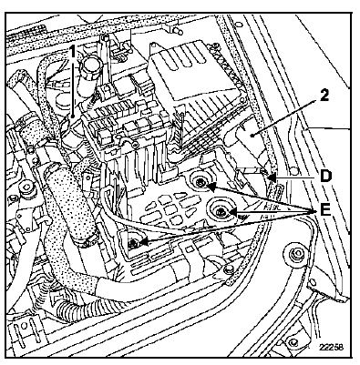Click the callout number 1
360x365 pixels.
click(x=72, y=52)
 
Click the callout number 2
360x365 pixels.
click(x=324, y=96)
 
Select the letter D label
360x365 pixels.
click(x=324, y=177)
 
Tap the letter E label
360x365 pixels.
click(x=324, y=210)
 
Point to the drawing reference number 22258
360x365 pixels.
click(x=331, y=347)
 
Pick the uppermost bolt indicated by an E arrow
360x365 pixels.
click(x=201, y=182)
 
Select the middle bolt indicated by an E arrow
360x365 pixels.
click(x=220, y=211)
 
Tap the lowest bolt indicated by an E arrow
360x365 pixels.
click(x=133, y=243)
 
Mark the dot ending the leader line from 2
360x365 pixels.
click(x=252, y=136)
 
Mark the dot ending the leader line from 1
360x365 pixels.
click(x=72, y=116)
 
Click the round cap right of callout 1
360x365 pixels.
click(x=90, y=65)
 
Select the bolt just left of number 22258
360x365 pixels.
click(x=293, y=342)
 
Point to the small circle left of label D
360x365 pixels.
click(x=293, y=170)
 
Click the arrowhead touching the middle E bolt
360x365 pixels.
click(x=231, y=211)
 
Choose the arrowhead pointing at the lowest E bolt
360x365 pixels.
click(x=144, y=242)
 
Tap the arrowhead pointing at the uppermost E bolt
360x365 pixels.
click(x=211, y=188)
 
